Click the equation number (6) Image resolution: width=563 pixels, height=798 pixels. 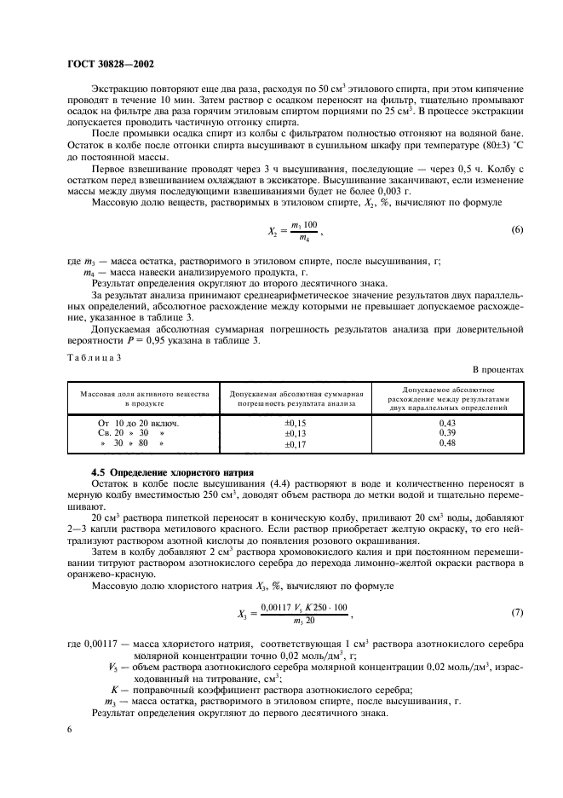tap(516, 230)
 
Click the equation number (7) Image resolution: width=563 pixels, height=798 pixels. tap(516, 613)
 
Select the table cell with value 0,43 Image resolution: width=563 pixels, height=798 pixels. tap(447, 423)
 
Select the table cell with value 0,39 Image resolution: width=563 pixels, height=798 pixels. tap(447, 433)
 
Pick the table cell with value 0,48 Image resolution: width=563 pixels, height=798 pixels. tap(447, 443)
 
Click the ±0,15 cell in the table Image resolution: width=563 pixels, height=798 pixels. tap(295, 423)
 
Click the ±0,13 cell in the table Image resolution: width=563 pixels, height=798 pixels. tap(295, 433)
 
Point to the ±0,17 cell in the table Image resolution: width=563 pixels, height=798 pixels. tap(295, 443)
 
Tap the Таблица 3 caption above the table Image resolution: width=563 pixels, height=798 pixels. tap(93, 357)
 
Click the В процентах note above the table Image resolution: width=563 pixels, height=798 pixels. tap(499, 369)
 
